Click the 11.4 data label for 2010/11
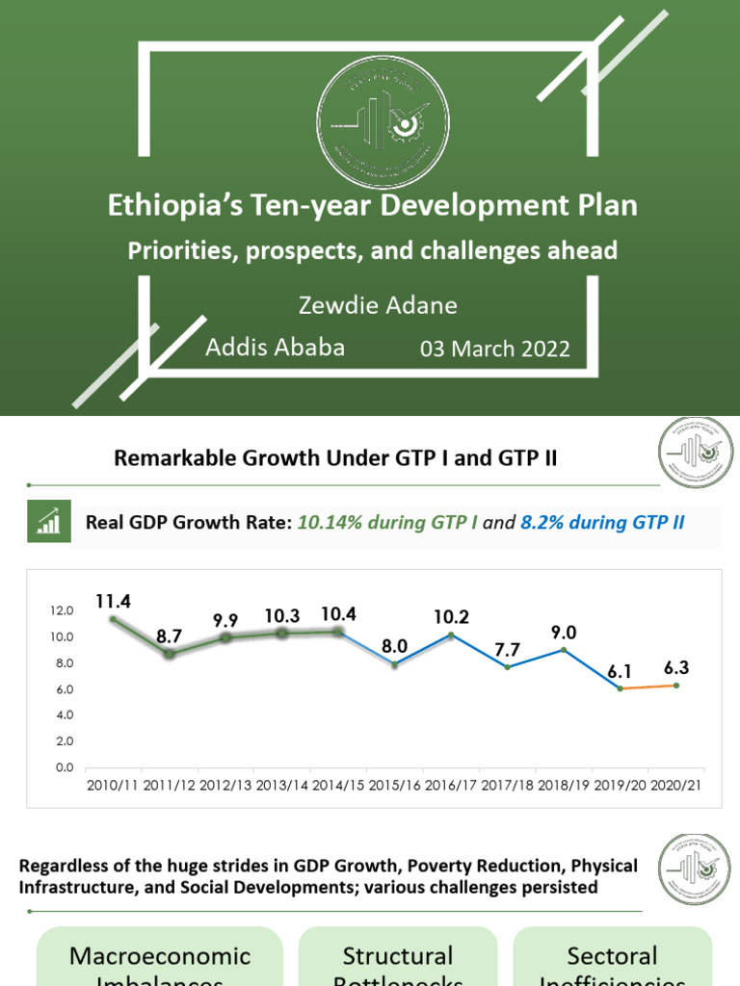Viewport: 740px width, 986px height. click(113, 601)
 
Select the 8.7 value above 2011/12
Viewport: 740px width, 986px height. click(170, 636)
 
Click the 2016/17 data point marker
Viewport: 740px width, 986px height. click(452, 636)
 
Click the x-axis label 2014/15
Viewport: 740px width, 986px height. click(338, 786)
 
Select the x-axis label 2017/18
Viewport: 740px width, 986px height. click(508, 786)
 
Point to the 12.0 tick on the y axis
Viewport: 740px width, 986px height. click(62, 610)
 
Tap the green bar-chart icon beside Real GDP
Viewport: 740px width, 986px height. click(48, 523)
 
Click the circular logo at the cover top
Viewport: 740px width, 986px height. click(383, 121)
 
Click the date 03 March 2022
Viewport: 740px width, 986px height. click(495, 349)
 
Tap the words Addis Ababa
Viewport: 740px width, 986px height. click(276, 348)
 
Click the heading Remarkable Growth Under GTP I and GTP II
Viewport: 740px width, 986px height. click(335, 458)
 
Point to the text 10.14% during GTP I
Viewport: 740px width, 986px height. click(387, 523)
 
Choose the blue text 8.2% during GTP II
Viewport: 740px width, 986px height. click(602, 523)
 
